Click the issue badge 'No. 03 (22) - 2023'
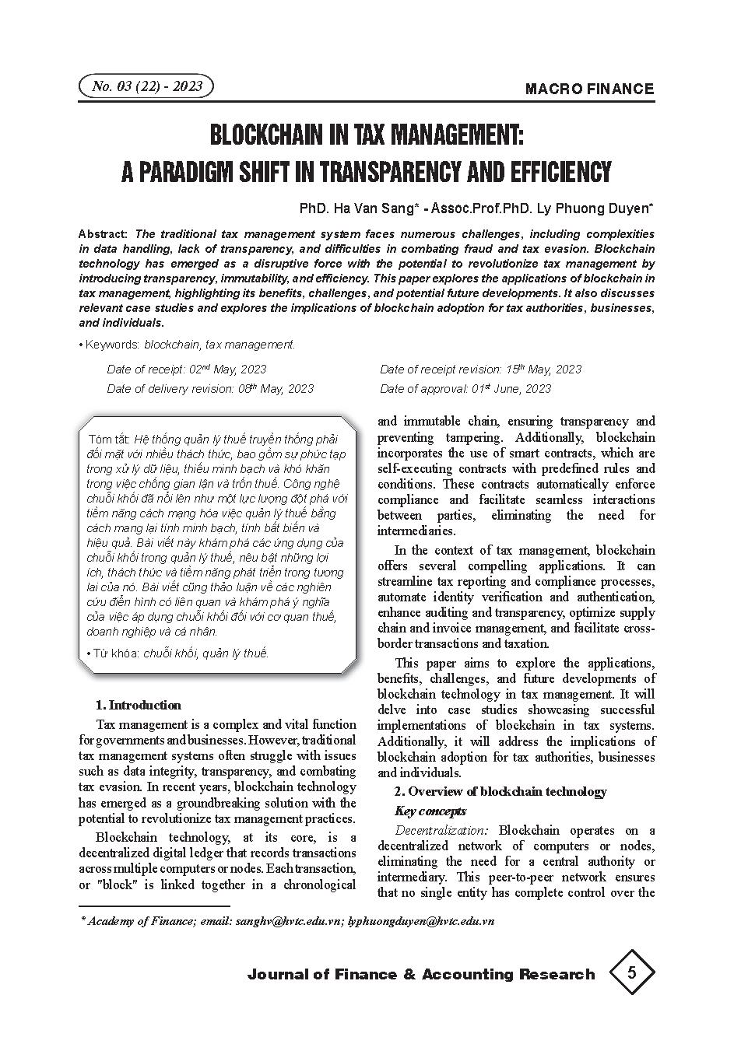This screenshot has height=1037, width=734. point(146,86)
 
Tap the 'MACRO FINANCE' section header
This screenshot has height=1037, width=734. point(589,89)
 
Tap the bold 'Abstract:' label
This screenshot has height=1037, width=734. point(104,234)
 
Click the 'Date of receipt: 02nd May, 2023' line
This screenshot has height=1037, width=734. point(186,370)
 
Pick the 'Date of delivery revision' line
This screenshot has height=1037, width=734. point(210,389)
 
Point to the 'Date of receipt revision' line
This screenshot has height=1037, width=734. point(480,370)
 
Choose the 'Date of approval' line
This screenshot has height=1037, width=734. point(465,389)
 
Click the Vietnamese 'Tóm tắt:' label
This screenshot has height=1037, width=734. point(109,439)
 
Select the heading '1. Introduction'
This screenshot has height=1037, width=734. point(138,706)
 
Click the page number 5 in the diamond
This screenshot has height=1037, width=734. point(631,972)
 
